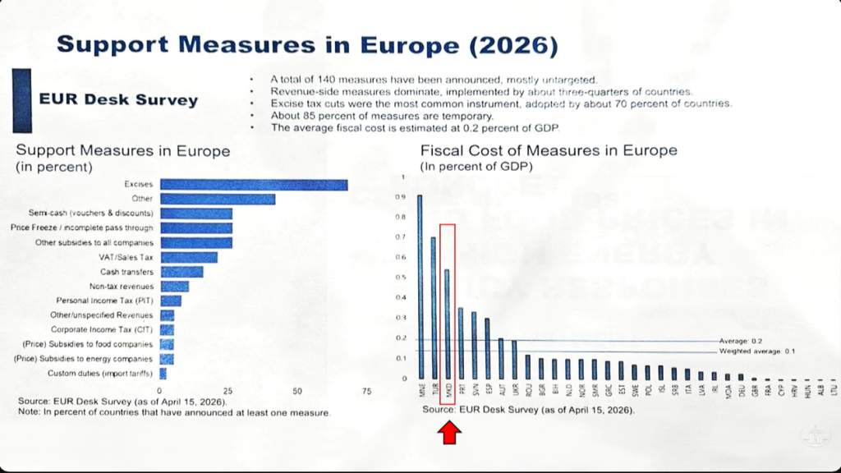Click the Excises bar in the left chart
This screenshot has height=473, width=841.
click(254, 185)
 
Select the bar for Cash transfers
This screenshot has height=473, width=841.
click(182, 272)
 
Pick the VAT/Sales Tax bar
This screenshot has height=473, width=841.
click(189, 257)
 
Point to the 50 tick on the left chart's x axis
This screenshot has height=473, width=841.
click(298, 391)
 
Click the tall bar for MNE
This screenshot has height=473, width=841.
click(420, 287)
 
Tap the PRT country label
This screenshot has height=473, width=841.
click(461, 389)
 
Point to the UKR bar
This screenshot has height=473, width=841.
click(514, 359)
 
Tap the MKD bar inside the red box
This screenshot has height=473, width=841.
click(447, 324)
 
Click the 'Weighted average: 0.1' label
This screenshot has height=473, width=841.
click(756, 351)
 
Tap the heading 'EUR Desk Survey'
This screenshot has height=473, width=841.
click(119, 100)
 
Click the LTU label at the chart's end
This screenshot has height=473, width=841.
click(832, 389)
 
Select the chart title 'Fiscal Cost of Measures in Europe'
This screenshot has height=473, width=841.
click(549, 151)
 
